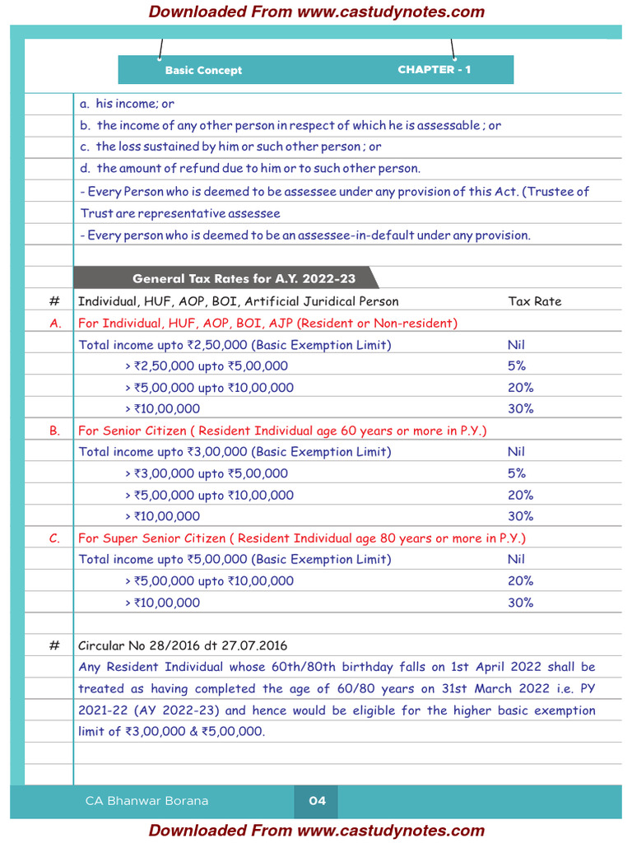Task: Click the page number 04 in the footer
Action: tap(317, 801)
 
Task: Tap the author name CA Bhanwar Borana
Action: tap(146, 801)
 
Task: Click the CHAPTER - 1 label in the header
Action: tap(434, 70)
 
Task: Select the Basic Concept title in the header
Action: tap(203, 71)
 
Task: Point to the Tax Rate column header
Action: tap(535, 301)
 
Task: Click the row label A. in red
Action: tap(55, 324)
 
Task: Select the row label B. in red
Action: tap(55, 431)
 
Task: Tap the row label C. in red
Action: tap(55, 538)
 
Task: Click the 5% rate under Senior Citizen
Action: tap(517, 473)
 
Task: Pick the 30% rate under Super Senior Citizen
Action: tap(520, 603)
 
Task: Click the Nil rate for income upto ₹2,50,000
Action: tap(516, 345)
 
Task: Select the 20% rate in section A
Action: tap(520, 388)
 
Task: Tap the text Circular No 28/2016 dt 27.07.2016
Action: tap(183, 645)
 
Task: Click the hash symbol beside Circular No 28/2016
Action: tap(54, 645)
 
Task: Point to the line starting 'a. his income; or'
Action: tap(127, 105)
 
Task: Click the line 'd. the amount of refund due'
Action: tap(250, 169)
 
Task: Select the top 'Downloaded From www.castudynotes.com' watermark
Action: tap(316, 12)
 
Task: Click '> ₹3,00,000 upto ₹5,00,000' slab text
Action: tap(207, 473)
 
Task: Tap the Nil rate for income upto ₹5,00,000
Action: tap(516, 560)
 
